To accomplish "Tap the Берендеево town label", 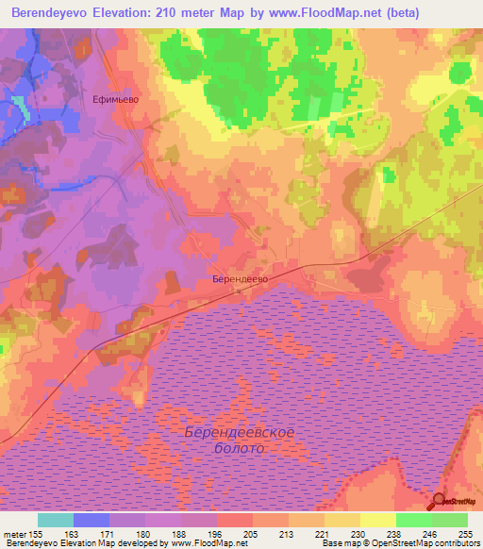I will [x=241, y=280].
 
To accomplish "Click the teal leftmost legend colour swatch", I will [x=56, y=520].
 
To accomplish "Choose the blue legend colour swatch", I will [x=92, y=520].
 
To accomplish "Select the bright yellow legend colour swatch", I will [x=378, y=520].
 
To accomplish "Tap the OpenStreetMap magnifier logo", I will [x=439, y=501].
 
